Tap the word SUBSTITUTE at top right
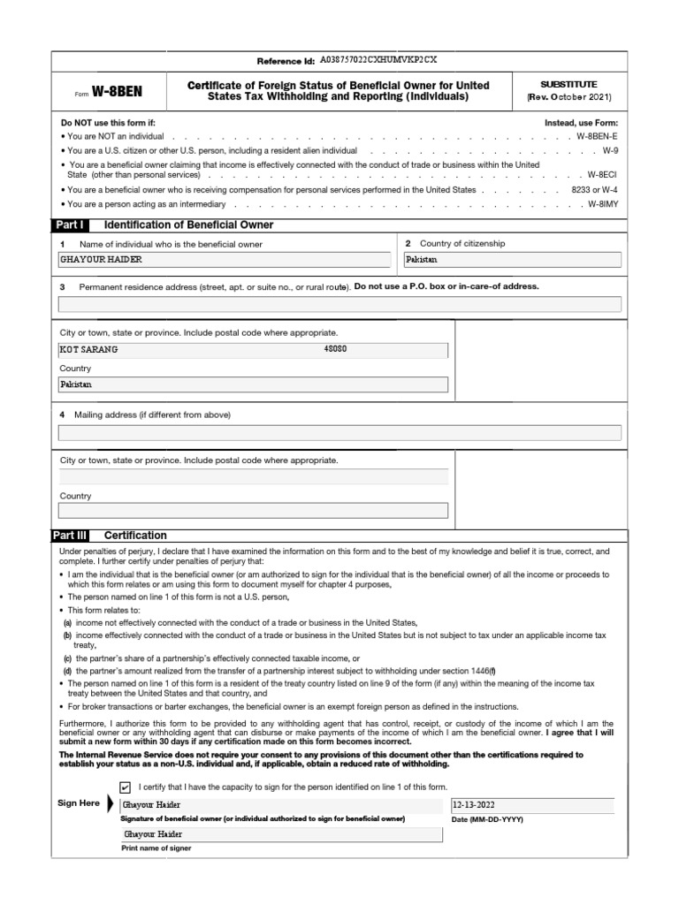click(x=568, y=84)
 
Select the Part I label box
click(x=71, y=225)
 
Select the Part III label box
click(x=72, y=536)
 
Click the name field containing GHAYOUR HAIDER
click(x=225, y=260)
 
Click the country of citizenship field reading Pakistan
click(x=512, y=260)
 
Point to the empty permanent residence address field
click(x=339, y=304)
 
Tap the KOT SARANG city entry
click(x=88, y=349)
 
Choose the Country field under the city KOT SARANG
click(x=253, y=384)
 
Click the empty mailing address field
click(x=339, y=432)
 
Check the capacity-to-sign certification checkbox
click(x=125, y=787)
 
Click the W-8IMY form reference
click(x=604, y=204)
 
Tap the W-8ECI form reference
click(x=604, y=175)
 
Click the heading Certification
click(x=135, y=536)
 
